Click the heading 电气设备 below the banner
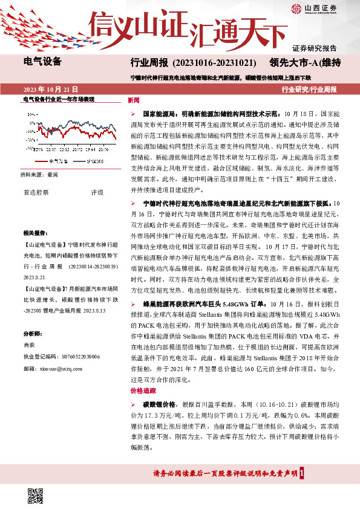42,61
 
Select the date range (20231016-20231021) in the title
215,63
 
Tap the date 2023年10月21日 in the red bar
51,89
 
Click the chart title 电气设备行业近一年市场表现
59,99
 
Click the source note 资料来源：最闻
39,175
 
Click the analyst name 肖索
28,345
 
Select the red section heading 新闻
134,100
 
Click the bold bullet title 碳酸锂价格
159,404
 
